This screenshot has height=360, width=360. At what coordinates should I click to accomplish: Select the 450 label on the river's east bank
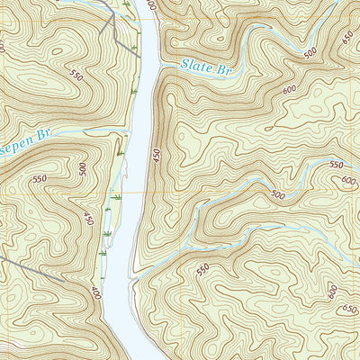click(157, 155)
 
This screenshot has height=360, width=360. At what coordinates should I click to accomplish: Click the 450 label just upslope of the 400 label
click(88, 219)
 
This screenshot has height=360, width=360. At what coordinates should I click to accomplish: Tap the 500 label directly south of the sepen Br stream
click(84, 168)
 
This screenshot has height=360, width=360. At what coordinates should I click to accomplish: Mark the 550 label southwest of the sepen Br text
click(39, 180)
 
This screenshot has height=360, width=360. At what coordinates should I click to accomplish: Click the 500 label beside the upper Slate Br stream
click(310, 53)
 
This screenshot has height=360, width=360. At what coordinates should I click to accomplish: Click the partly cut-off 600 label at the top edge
click(149, 4)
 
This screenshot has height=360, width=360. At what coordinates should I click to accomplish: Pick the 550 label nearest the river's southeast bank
click(202, 268)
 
